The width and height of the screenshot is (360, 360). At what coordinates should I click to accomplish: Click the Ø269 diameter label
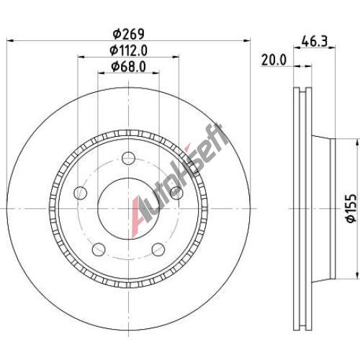pos(129,35)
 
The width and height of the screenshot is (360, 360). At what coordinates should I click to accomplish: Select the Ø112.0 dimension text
pos(128,50)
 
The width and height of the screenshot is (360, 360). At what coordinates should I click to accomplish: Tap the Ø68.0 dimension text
pos(128,67)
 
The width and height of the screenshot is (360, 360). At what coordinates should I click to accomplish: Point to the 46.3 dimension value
pos(315,42)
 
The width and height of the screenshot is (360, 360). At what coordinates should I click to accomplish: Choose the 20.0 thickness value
pos(274,60)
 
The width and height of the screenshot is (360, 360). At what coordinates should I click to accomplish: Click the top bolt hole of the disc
pos(128,158)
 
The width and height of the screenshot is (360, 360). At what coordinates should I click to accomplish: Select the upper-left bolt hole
pos(81,193)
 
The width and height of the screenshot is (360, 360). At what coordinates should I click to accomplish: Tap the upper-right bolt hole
pos(176,193)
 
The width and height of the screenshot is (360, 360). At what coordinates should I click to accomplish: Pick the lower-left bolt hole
pos(99,249)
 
